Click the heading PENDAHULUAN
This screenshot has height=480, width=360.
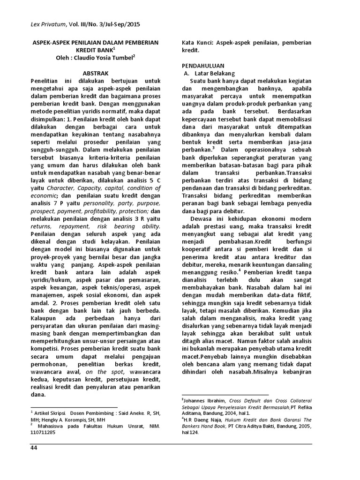point(203,65)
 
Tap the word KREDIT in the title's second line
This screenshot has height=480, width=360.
point(86,50)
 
